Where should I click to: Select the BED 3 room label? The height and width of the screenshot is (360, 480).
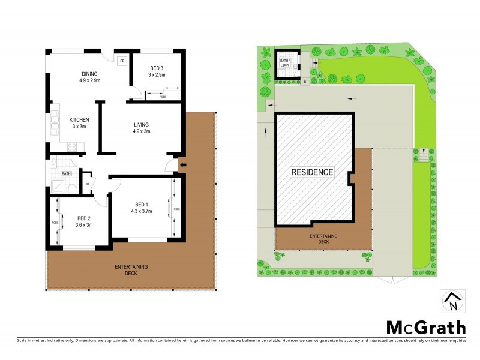pos(157,68)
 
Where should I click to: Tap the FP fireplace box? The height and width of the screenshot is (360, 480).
pos(122,61)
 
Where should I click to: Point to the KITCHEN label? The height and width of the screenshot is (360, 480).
pos(79,119)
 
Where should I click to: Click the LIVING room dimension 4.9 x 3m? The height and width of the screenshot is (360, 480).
pos(142,131)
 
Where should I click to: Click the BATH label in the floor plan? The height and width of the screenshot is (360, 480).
pos(66,174)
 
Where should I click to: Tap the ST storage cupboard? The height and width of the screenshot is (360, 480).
pos(88,184)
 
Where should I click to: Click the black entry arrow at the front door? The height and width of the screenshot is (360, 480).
pos(183,166)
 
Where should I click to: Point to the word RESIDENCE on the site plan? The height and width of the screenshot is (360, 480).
pos(312,172)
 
